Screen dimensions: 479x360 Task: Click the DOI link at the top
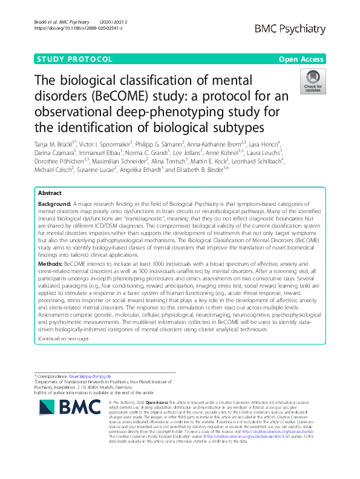[78, 28]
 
